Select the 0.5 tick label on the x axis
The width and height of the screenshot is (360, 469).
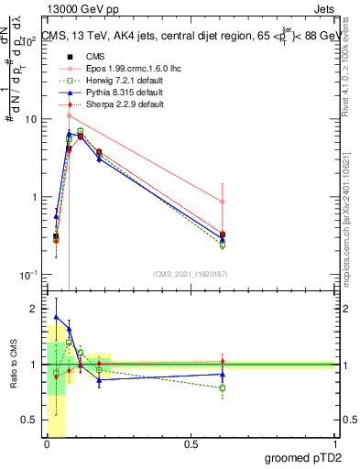(x=191, y=444)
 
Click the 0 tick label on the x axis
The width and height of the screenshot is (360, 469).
(x=46, y=444)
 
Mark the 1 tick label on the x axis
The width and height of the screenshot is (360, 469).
(x=335, y=444)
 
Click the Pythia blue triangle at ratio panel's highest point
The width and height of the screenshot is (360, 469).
(x=56, y=317)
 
